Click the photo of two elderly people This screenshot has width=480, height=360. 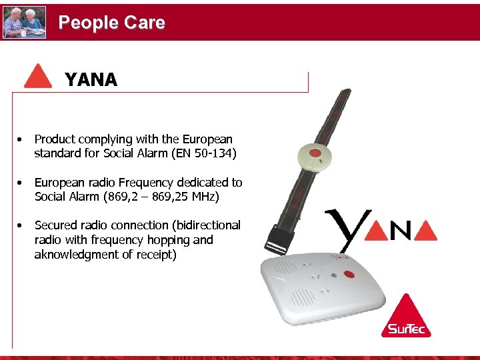tap(25, 23)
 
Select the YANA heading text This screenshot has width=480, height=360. tap(91, 81)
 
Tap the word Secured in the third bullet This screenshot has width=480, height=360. tap(55, 225)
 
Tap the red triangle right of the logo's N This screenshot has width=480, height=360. tap(425, 230)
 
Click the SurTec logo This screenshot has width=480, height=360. tap(406, 317)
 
